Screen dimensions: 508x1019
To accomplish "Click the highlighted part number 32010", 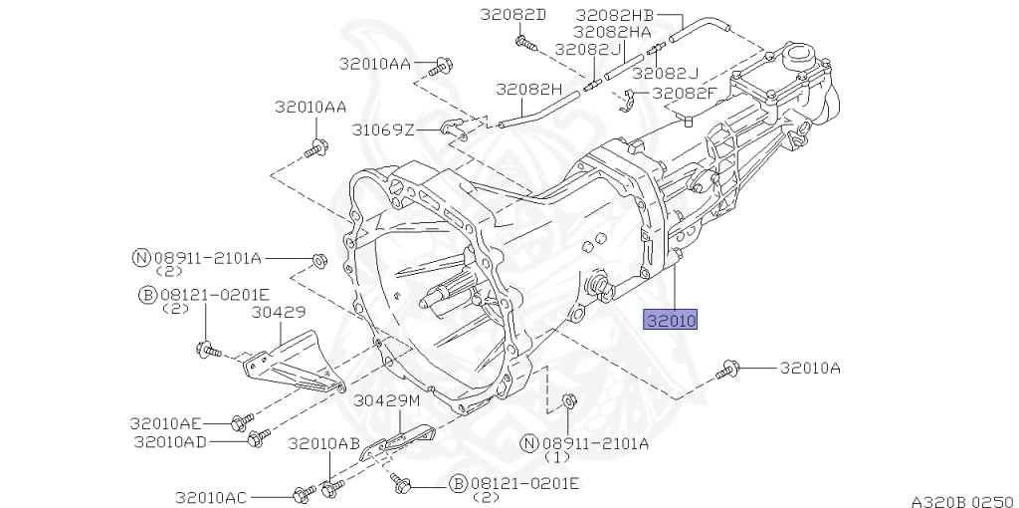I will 671,320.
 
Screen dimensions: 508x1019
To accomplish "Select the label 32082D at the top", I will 513,14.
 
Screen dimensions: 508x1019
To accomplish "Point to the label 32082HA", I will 611,32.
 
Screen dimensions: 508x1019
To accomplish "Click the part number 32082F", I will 685,93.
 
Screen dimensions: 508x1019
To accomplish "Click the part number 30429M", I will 389,400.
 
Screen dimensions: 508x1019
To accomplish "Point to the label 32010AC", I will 213,496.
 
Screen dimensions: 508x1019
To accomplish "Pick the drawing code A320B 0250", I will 961,499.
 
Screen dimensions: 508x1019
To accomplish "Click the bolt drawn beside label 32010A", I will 726,370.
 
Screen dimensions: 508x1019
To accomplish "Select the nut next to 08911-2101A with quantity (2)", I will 318,260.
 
